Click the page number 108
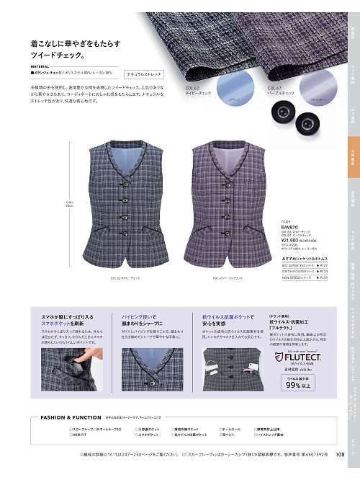point(340,474)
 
